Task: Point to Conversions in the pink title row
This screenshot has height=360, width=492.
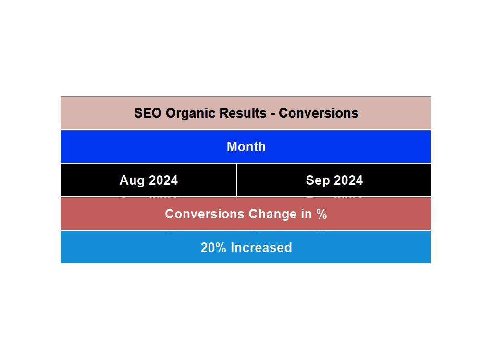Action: pyautogui.click(x=318, y=113)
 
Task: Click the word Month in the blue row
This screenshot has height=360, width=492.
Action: pyautogui.click(x=246, y=147)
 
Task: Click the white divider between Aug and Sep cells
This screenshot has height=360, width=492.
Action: pyautogui.click(x=237, y=180)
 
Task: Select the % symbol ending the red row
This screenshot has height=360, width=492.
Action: pyautogui.click(x=321, y=214)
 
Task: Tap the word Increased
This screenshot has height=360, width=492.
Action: pyautogui.click(x=261, y=248)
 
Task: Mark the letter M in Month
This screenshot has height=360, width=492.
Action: pyautogui.click(x=232, y=147)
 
